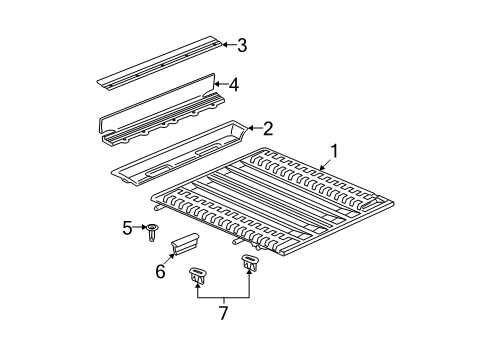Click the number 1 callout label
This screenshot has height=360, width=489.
tap(335, 152)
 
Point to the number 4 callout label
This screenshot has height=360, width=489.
tap(234, 86)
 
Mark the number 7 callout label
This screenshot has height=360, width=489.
tap(222, 314)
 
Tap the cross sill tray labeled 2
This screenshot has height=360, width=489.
tap(180, 150)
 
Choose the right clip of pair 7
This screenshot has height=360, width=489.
tap(250, 265)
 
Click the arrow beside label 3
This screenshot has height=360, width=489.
tap(224, 44)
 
